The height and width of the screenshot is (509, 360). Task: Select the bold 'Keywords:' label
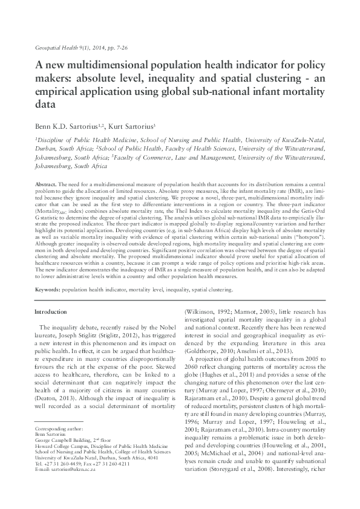pyautogui.click(x=48, y=290)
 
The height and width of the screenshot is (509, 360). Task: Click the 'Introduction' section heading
pyautogui.click(x=51, y=311)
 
